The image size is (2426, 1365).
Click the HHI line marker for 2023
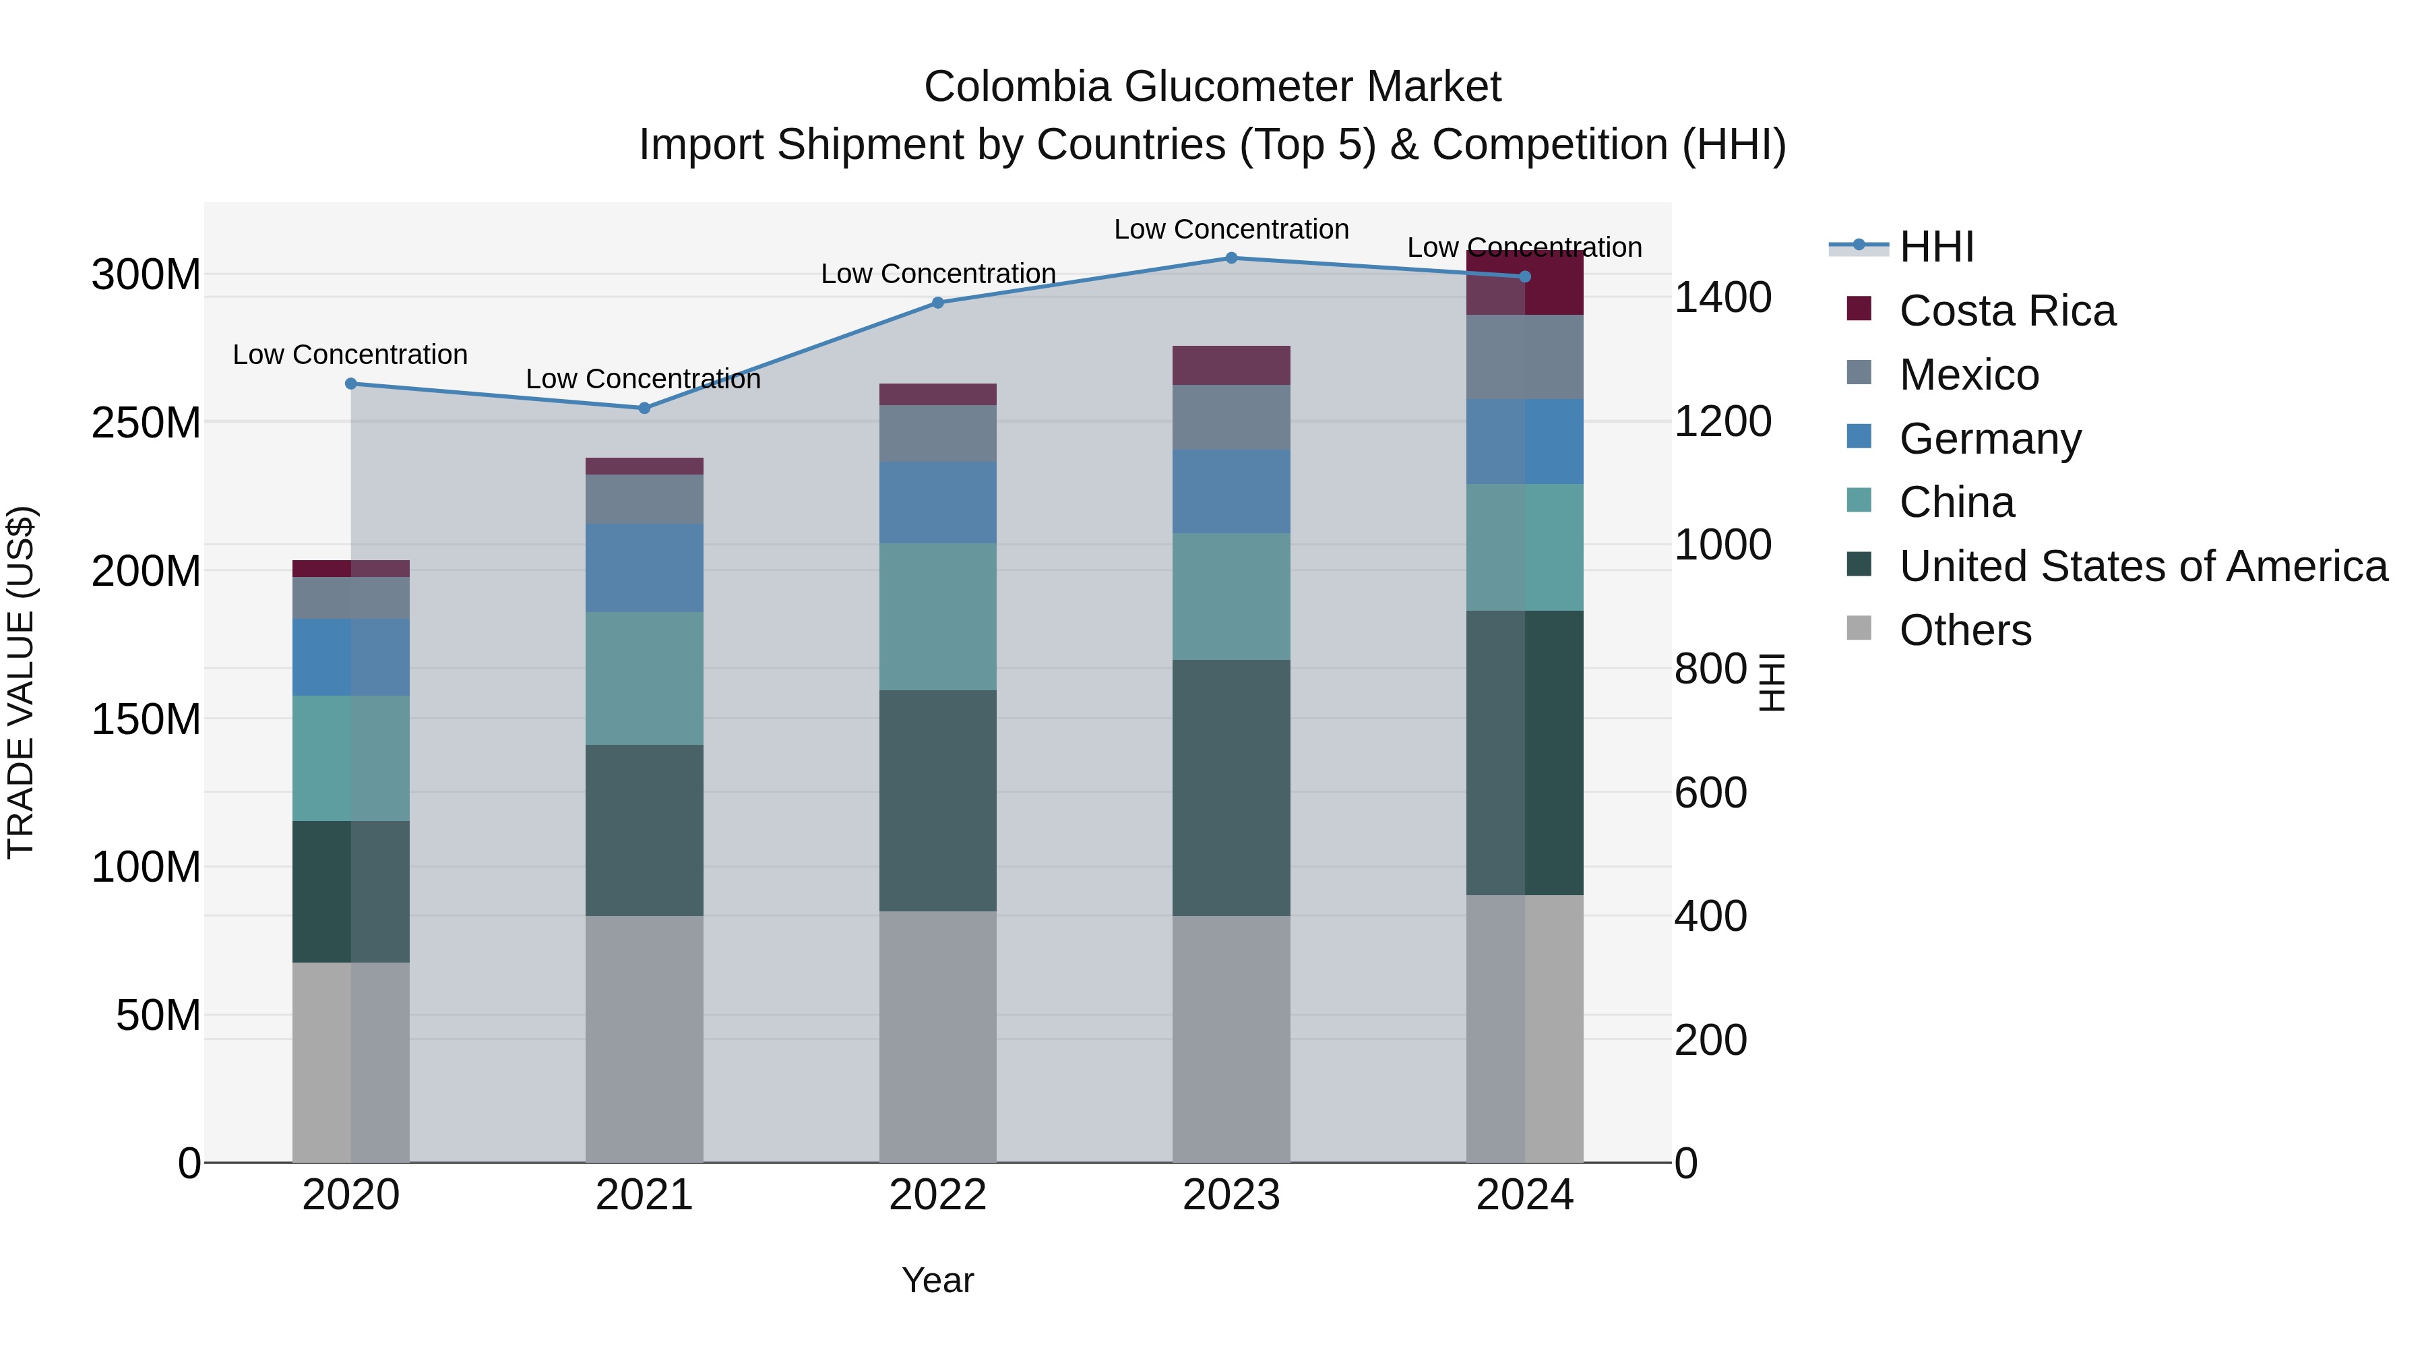pyautogui.click(x=1231, y=257)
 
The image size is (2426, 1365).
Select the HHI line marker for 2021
pyautogui.click(x=644, y=408)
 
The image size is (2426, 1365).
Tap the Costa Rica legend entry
pyautogui.click(x=2006, y=311)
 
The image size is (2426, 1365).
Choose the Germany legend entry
pyautogui.click(x=1989, y=439)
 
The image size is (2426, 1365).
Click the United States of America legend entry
pyautogui.click(x=2142, y=566)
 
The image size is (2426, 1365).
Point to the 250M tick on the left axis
pyautogui.click(x=146, y=423)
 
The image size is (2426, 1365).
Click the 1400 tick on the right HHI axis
pyautogui.click(x=1722, y=298)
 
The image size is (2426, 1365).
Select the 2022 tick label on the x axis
pyautogui.click(x=937, y=1195)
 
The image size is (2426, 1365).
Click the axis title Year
pyautogui.click(x=937, y=1280)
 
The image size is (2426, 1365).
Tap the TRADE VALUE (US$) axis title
pyautogui.click(x=22, y=682)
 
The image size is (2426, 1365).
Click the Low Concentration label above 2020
pyautogui.click(x=350, y=355)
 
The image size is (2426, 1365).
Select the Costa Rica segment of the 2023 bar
pyautogui.click(x=1231, y=365)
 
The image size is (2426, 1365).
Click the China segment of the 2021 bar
pyautogui.click(x=644, y=678)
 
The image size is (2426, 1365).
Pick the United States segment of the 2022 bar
pyautogui.click(x=937, y=801)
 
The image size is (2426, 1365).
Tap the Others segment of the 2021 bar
pyautogui.click(x=644, y=1038)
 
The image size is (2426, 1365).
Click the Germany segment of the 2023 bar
pyautogui.click(x=1231, y=492)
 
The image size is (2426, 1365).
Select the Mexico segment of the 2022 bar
pyautogui.click(x=937, y=433)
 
